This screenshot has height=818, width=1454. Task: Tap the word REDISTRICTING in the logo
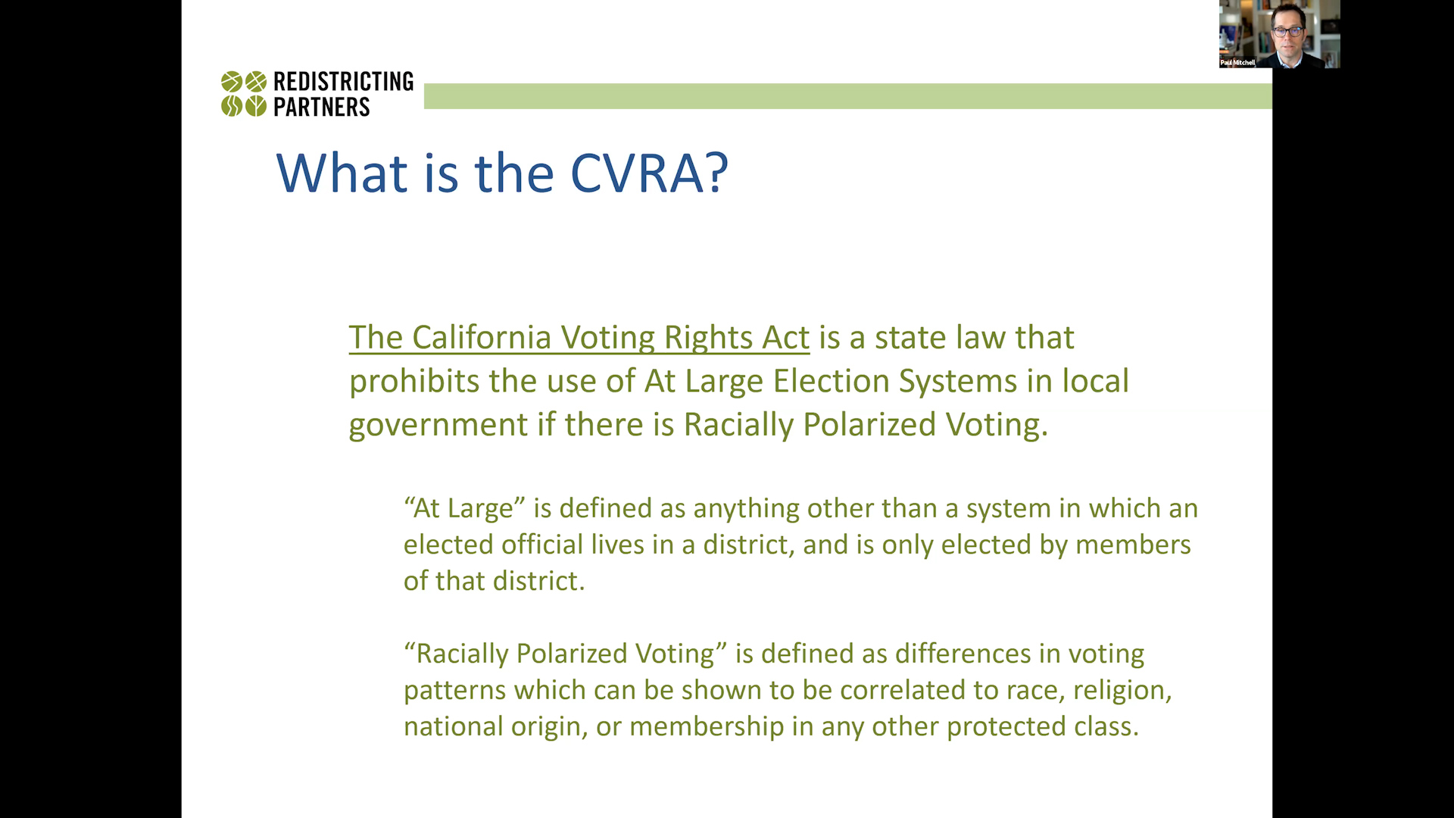[x=344, y=82]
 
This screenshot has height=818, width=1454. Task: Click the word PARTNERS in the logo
[x=322, y=107]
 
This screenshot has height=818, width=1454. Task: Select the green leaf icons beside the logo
[x=244, y=93]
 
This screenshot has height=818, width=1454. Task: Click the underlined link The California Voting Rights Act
[x=579, y=338]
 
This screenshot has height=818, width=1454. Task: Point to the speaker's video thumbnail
[x=1280, y=34]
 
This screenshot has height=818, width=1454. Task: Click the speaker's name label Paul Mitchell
[x=1237, y=63]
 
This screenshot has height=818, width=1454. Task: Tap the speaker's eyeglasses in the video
[x=1288, y=32]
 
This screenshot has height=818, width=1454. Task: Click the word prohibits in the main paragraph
[x=414, y=381]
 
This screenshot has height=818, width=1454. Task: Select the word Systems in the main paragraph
[x=958, y=382]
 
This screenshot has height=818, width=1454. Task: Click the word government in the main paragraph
[x=438, y=426]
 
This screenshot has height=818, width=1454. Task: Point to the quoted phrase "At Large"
[x=465, y=508]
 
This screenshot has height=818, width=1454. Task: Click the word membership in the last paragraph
[x=707, y=726]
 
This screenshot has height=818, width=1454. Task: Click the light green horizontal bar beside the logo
[x=848, y=96]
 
